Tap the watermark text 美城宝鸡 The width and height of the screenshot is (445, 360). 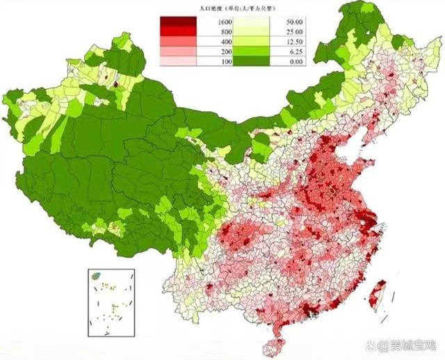(414, 344)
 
